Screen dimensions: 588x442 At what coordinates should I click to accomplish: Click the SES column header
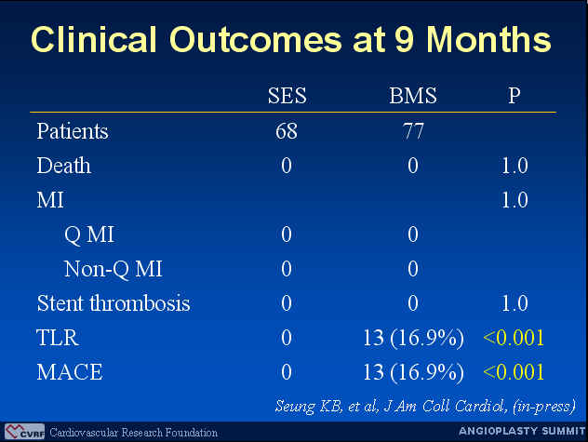tap(287, 95)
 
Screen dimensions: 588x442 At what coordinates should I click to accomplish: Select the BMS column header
tap(413, 95)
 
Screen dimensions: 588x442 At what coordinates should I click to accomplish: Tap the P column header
tap(514, 95)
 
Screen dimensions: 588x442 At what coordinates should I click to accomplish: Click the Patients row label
tap(73, 131)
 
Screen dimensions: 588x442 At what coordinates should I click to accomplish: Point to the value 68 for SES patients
tap(287, 131)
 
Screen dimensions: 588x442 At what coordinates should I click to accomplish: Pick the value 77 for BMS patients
tap(413, 131)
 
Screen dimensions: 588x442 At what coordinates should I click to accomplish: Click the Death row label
tap(64, 166)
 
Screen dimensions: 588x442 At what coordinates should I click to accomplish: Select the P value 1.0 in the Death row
tap(514, 166)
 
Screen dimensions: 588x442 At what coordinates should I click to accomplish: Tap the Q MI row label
tap(89, 234)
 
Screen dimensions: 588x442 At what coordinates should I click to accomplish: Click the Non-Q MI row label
tap(113, 269)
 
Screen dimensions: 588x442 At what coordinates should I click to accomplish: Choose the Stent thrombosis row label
tap(114, 303)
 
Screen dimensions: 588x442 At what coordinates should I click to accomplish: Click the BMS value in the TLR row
tap(413, 338)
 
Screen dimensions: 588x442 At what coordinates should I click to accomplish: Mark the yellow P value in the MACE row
tap(514, 372)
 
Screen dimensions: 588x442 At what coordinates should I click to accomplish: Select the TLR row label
tap(58, 338)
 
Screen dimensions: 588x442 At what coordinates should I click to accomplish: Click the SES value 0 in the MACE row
tap(287, 372)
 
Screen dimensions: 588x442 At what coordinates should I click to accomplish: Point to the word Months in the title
tap(489, 39)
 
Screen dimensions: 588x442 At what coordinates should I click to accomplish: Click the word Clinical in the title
tap(94, 39)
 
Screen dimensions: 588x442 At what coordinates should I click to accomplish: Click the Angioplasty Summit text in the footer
tap(522, 431)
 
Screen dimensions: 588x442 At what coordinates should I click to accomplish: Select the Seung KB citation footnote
tap(425, 407)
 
